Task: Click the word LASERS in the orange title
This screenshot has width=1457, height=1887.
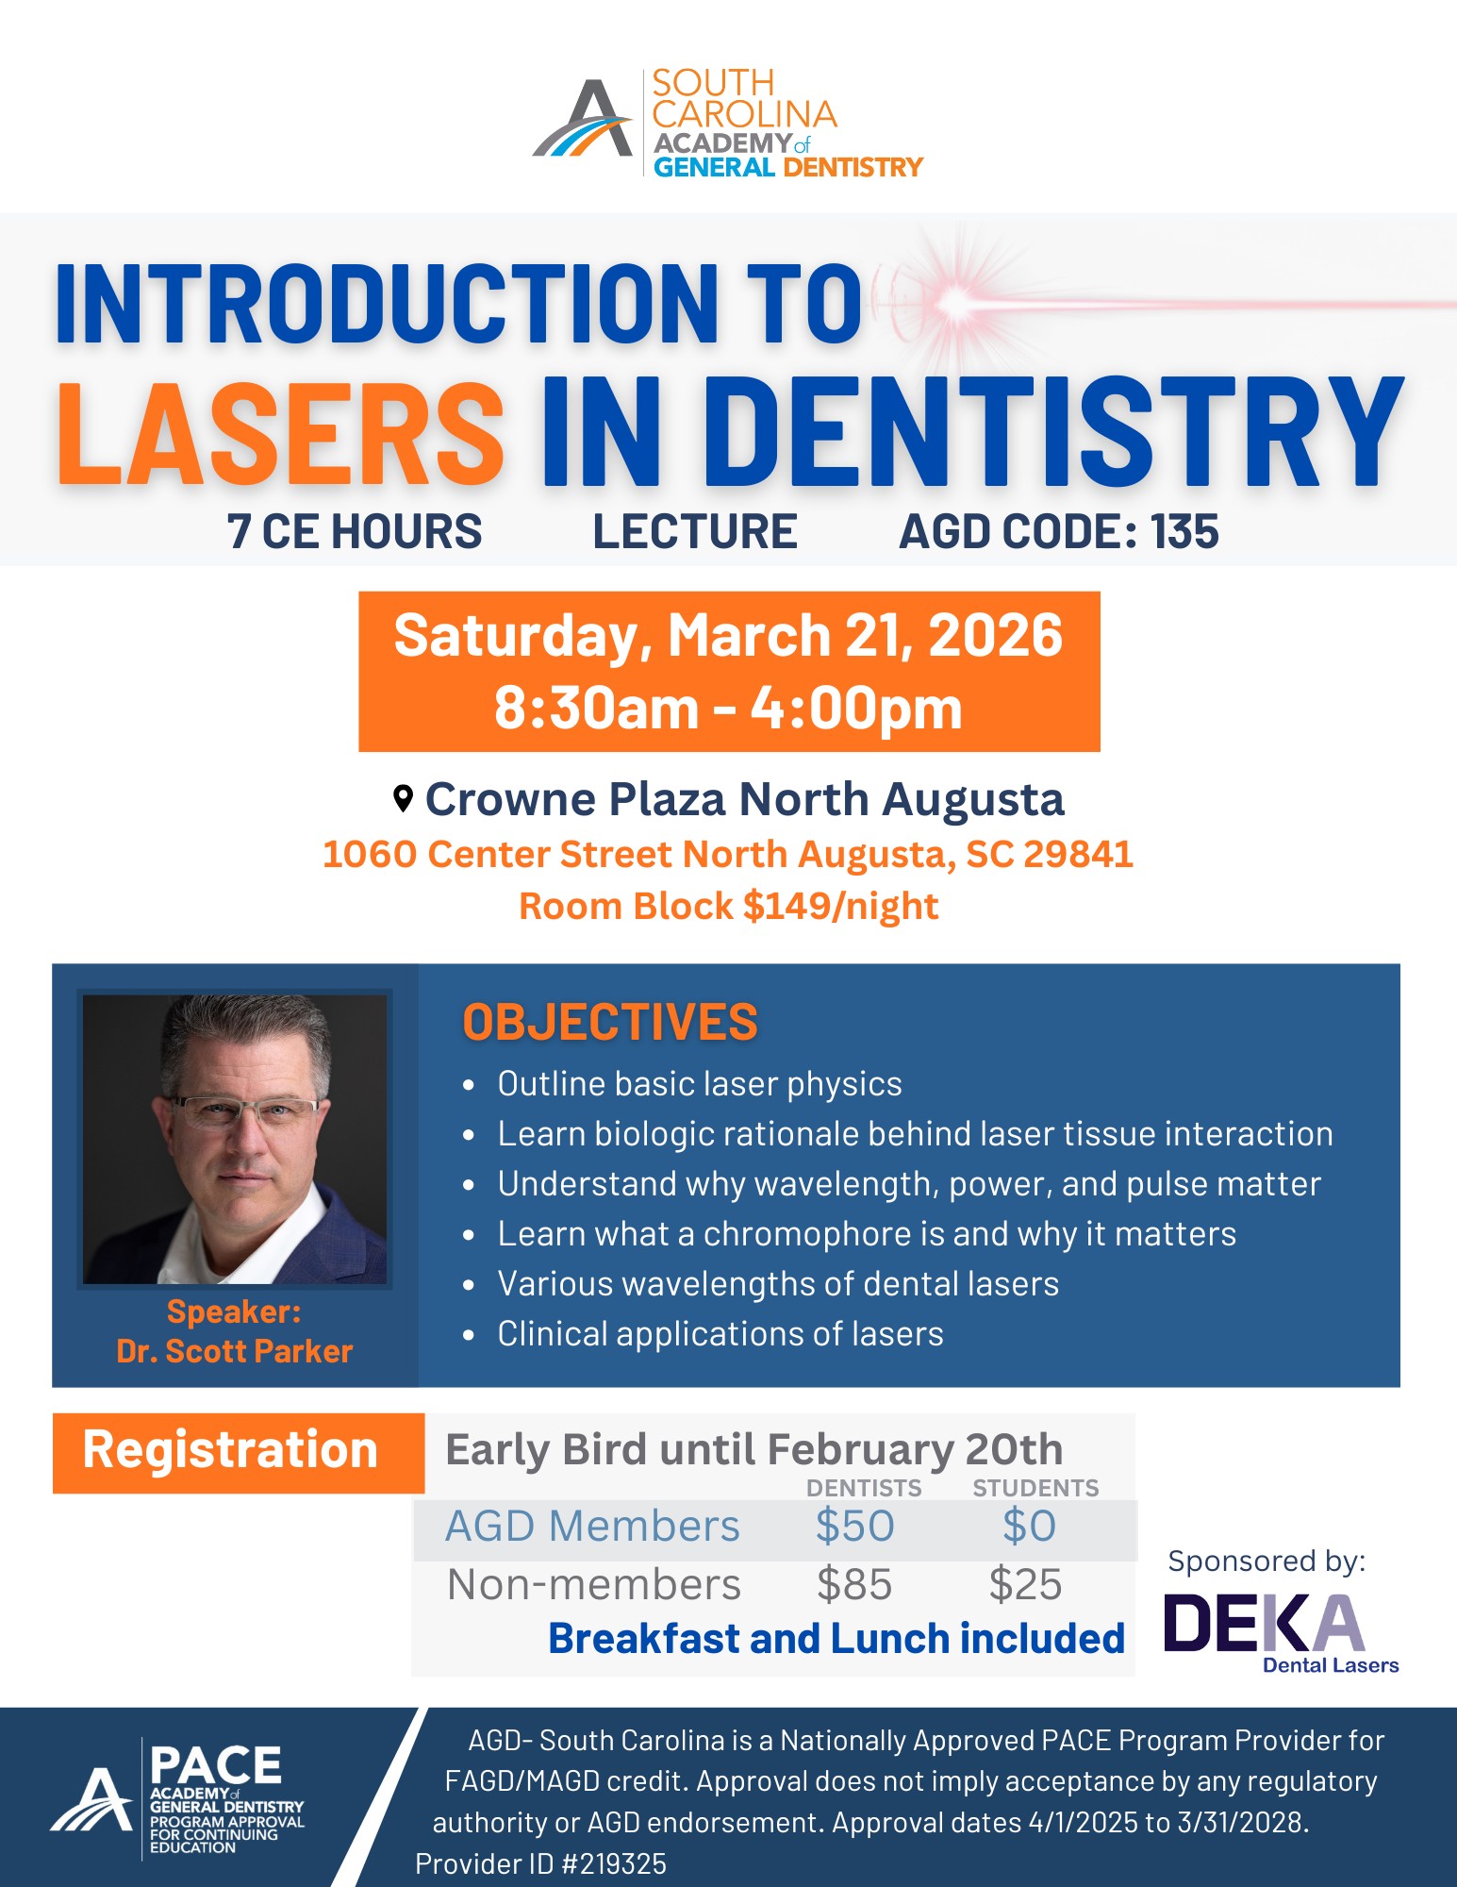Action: point(281,434)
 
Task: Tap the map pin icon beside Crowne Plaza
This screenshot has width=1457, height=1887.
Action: point(403,798)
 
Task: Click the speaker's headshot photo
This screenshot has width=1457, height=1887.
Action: point(235,1139)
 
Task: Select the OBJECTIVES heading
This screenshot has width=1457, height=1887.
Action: point(610,1022)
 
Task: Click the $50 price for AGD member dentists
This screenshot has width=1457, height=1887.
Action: point(855,1526)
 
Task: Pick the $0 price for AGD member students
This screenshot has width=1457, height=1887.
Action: point(1029,1526)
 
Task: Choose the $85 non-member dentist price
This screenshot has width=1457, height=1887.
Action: point(854,1584)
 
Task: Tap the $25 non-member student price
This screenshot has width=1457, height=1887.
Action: point(1025,1584)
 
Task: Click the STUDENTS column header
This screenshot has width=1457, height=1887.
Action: point(1035,1488)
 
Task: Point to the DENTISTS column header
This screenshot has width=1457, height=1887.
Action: point(864,1488)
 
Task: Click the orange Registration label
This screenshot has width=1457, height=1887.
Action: point(230,1449)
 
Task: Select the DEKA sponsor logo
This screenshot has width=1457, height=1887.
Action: point(1282,1632)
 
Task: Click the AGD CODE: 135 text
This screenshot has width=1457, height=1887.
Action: point(1059,531)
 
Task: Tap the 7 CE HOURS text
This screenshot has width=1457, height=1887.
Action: point(355,531)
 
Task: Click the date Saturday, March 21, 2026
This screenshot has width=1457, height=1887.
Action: point(728,635)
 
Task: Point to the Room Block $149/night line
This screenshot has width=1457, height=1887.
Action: point(729,906)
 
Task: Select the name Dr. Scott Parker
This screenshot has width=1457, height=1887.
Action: point(235,1351)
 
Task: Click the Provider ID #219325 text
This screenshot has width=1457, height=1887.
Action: point(540,1863)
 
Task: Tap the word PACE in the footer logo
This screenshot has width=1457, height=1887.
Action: point(216,1764)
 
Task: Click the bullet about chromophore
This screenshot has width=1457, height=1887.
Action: point(867,1233)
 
